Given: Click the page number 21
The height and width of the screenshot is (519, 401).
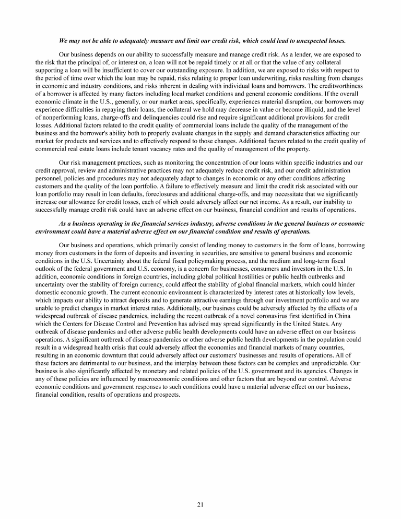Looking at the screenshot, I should click(x=200, y=504).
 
